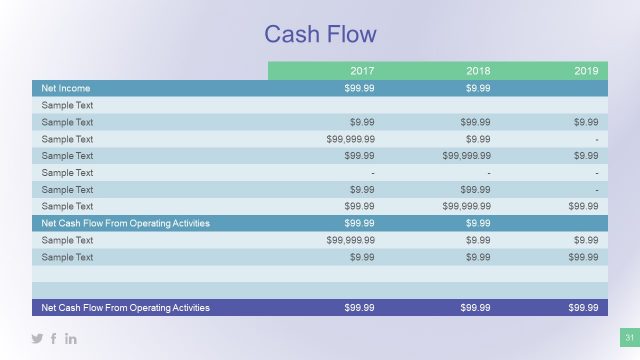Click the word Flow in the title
(x=349, y=35)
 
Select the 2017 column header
(x=362, y=71)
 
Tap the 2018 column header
(x=478, y=71)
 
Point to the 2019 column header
(x=586, y=71)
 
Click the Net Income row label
(x=61, y=88)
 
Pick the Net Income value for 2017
(x=359, y=88)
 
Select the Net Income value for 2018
(x=478, y=88)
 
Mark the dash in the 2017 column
(x=372, y=173)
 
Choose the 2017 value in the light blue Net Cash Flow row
(x=359, y=223)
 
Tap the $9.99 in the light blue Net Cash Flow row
(x=478, y=223)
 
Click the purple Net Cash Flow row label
(x=125, y=308)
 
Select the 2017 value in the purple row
(x=359, y=308)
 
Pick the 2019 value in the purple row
(x=583, y=308)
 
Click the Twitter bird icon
(x=38, y=339)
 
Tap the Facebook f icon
(x=54, y=339)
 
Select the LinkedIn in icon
(x=71, y=339)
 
